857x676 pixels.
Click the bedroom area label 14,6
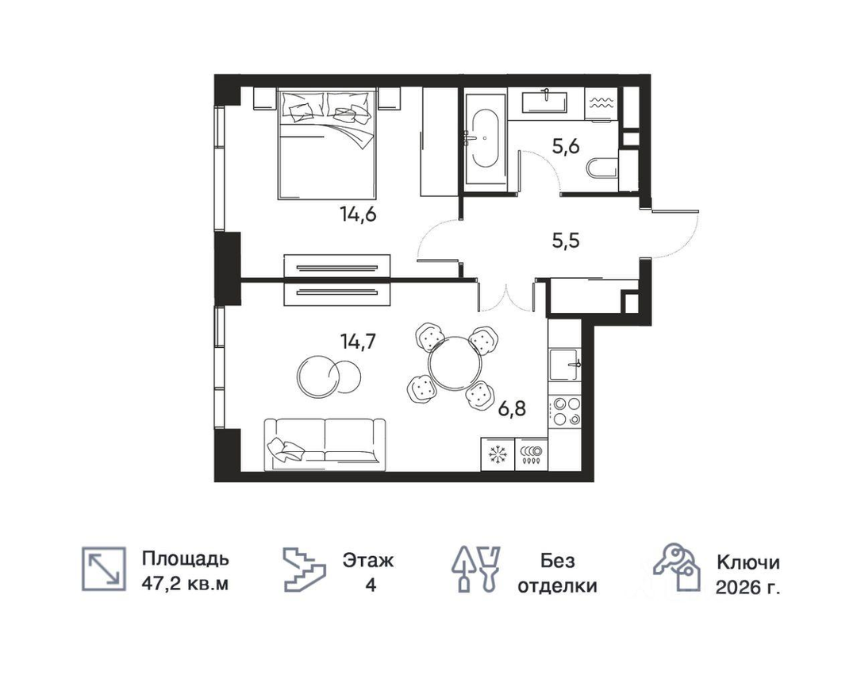(358, 214)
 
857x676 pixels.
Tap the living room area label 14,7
(358, 342)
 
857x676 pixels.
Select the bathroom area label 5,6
(566, 147)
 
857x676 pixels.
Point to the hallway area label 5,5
(566, 240)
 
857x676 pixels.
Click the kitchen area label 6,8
(512, 408)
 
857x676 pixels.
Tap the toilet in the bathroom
(602, 168)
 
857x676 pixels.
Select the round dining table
(455, 364)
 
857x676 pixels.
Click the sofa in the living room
(325, 445)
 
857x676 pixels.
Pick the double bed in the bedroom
(327, 145)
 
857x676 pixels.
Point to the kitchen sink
(565, 365)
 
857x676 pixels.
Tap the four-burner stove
(565, 411)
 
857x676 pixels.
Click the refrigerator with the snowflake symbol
(498, 454)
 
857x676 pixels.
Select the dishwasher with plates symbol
(531, 454)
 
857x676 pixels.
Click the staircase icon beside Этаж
(304, 570)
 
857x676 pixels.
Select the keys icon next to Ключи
(677, 567)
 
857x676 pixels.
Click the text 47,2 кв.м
(185, 584)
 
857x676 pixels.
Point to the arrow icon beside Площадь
(104, 569)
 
